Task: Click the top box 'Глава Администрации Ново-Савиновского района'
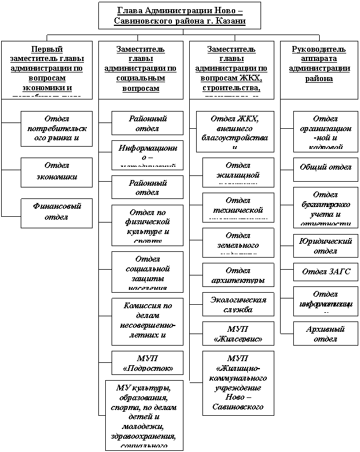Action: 179,16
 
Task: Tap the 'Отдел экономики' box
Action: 56,172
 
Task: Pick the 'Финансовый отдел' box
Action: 56,212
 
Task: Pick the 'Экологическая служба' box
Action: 235,304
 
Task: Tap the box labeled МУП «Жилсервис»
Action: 235,334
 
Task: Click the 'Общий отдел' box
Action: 325,167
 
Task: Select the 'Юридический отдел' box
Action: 325,246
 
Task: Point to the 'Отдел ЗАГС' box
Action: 325,271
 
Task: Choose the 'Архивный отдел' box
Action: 325,334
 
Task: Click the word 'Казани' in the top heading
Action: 230,21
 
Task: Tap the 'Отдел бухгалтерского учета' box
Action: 325,208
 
